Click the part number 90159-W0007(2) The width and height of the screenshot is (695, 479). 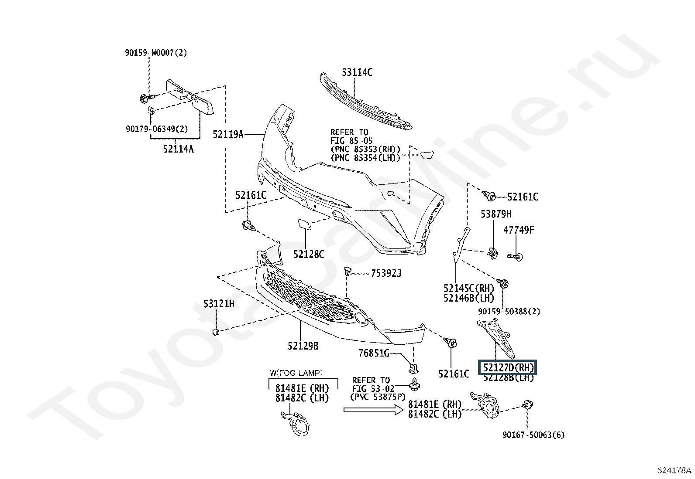click(156, 53)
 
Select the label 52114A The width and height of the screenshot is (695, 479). click(178, 149)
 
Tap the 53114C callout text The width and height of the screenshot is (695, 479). click(357, 73)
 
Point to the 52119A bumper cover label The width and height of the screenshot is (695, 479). click(228, 134)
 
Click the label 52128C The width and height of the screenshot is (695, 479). click(309, 254)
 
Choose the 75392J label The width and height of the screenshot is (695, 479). click(386, 274)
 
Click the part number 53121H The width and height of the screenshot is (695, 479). click(219, 304)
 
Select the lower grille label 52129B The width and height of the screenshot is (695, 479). click(303, 346)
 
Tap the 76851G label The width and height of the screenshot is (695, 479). click(374, 353)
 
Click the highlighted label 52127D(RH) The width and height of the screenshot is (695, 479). click(508, 368)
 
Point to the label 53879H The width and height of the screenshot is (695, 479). click(496, 214)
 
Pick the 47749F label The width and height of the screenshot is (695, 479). click(519, 230)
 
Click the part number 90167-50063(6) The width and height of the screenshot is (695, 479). click(533, 435)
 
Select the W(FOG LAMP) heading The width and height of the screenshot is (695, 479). click(296, 373)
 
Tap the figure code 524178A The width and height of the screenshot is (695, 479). click(674, 470)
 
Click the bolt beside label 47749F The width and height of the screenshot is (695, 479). click(516, 256)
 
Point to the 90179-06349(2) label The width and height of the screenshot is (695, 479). click(156, 129)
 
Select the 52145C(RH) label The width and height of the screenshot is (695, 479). click(468, 289)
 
